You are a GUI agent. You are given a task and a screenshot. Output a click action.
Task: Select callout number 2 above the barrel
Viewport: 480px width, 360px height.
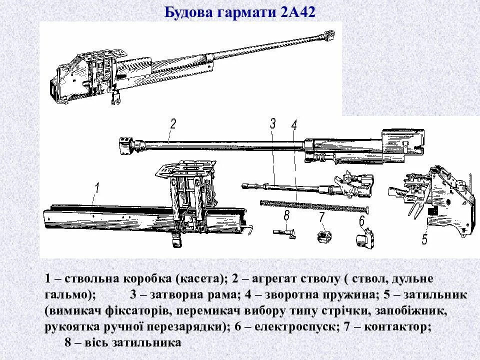173,123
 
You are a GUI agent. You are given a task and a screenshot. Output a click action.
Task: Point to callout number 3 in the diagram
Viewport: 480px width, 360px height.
272,123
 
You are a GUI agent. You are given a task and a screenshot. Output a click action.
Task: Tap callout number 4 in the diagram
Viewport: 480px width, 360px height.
294,125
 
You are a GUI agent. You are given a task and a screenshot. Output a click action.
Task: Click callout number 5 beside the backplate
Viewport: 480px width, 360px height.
424,238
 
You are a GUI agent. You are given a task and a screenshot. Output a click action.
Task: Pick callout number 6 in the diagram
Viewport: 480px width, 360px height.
361,220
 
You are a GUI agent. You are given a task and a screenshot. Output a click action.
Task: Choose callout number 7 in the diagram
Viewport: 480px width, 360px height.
322,217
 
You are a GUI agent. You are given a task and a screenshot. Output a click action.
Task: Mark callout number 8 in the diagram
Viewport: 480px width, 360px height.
286,216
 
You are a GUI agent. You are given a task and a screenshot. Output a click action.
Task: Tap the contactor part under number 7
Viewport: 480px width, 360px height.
325,235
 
